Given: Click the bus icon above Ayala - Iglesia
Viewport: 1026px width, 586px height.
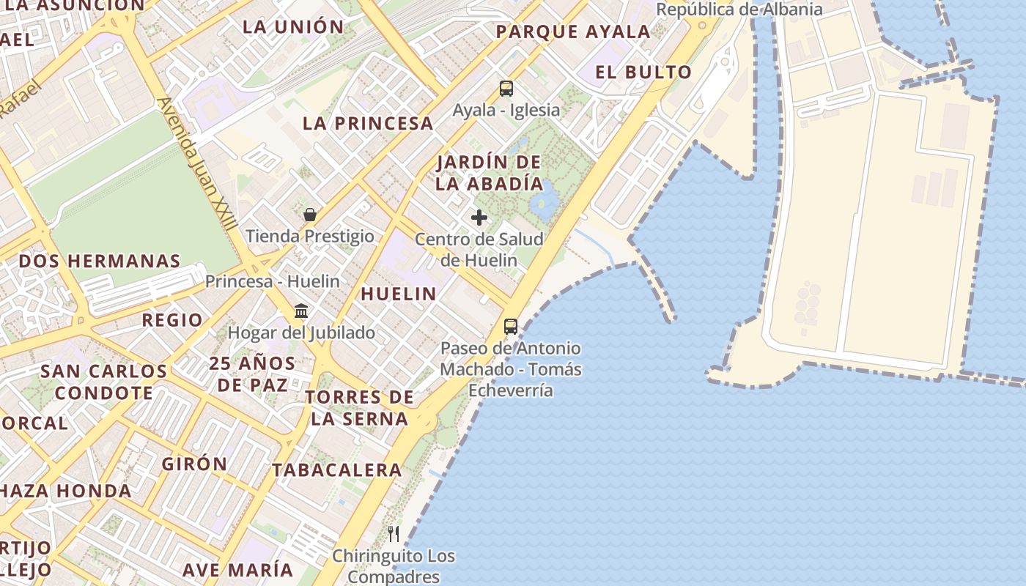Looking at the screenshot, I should click(506, 89).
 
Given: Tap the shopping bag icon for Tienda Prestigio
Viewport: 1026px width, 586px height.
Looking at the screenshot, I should click(310, 215).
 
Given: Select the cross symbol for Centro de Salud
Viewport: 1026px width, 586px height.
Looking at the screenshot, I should click(479, 218).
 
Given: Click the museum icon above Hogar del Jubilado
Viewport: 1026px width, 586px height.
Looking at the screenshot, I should click(301, 311).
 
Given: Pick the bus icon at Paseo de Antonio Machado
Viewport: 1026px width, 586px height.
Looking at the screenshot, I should click(511, 327).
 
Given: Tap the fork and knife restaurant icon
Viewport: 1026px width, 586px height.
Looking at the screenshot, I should click(394, 533).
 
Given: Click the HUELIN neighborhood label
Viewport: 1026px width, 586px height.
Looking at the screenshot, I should click(399, 294).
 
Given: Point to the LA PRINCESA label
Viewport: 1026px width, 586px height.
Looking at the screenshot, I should click(368, 124).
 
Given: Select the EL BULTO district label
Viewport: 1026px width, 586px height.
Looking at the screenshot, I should click(643, 72).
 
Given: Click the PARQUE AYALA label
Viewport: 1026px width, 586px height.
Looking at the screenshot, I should click(573, 32).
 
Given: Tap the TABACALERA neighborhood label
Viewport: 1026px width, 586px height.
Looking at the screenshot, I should click(337, 470).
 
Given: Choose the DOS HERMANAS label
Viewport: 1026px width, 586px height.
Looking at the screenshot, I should click(100, 262).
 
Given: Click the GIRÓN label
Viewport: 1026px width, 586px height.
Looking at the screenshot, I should click(195, 464).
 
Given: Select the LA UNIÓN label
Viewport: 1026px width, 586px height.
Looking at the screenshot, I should click(293, 27).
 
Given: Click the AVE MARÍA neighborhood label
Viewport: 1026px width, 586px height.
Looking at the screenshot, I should click(237, 570).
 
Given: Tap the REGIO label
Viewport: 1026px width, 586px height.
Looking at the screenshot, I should click(172, 320).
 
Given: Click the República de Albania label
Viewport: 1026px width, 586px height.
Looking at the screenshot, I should click(739, 10).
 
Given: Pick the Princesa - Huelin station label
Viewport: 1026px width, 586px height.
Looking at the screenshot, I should click(272, 281).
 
